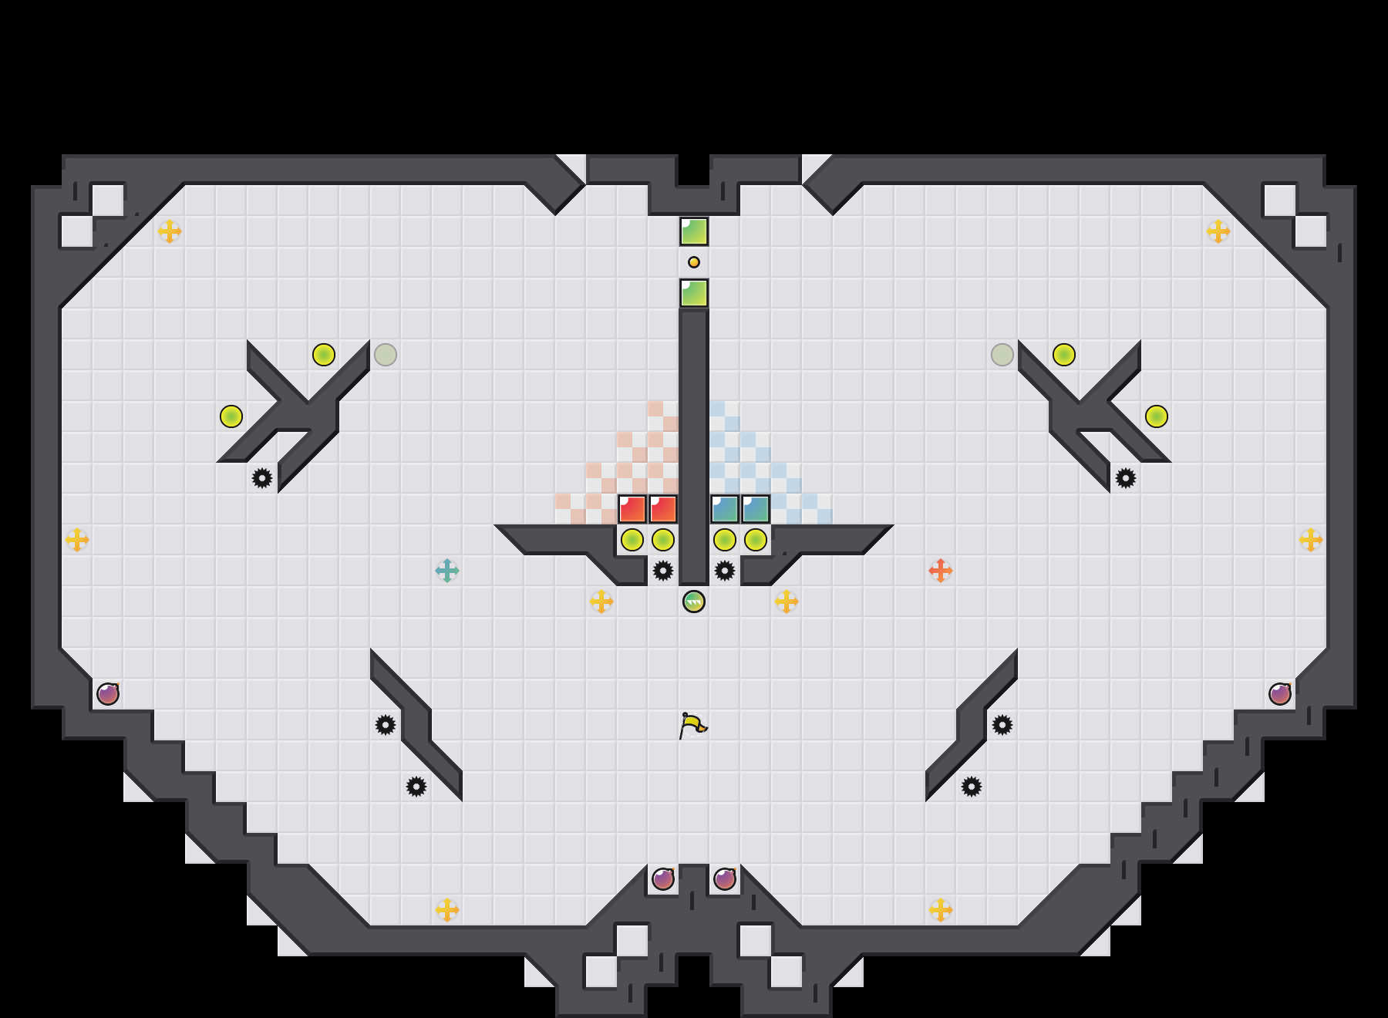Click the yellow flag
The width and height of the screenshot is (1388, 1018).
point(692,725)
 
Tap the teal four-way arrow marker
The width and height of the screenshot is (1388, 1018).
point(447,571)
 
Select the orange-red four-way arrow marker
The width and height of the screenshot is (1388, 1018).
point(941,571)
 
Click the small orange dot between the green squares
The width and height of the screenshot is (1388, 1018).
point(694,262)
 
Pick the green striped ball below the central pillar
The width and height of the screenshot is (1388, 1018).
point(694,602)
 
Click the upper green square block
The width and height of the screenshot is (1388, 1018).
point(694,231)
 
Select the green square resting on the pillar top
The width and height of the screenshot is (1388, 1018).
point(694,293)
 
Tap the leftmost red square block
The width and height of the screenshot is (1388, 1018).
point(632,509)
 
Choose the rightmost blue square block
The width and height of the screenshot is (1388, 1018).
point(756,509)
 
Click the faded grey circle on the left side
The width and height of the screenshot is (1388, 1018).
point(386,355)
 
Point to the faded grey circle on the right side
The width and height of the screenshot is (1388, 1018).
point(1002,355)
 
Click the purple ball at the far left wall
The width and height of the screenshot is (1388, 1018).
point(108,694)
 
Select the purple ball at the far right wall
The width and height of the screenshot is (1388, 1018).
point(1280,694)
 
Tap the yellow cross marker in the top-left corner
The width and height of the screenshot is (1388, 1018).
point(170,231)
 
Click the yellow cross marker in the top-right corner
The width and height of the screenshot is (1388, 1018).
point(1218,231)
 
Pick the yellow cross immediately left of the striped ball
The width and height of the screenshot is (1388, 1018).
point(601,602)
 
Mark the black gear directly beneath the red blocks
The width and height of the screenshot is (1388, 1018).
point(663,571)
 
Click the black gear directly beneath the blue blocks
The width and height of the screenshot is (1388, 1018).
point(725,571)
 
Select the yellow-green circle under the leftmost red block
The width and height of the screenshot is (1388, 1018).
point(632,540)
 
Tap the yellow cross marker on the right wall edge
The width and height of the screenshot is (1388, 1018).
point(1311,540)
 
